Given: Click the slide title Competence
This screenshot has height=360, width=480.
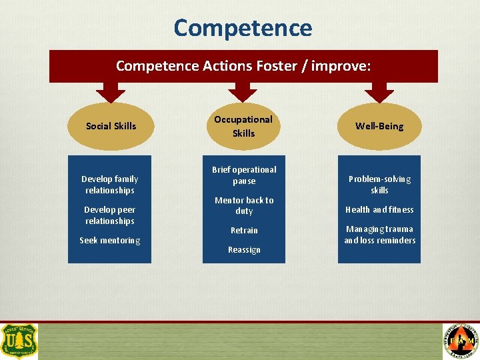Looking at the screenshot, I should (x=243, y=28).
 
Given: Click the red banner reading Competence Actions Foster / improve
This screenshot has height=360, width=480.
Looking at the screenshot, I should (x=243, y=66).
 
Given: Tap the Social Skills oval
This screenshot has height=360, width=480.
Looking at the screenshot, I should (x=111, y=126).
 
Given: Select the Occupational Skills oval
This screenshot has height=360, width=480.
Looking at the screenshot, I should (x=243, y=126).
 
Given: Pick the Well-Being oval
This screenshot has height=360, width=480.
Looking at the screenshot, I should (x=379, y=126).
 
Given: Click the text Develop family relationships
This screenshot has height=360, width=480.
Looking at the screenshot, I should (x=110, y=185).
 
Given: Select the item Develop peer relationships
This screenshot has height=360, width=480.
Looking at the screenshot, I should (x=110, y=215).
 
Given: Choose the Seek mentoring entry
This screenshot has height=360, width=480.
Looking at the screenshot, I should (x=110, y=240).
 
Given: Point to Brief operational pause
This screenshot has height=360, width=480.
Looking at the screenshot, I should (x=244, y=175).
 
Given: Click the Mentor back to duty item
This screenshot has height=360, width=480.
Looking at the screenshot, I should (x=244, y=205).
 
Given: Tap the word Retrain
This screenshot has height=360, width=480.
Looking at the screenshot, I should (x=244, y=230).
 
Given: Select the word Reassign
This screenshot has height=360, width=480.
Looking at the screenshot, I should (x=244, y=249).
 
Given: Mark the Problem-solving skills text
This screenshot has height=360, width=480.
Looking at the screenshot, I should (x=379, y=185).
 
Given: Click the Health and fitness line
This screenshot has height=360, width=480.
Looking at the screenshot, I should (x=379, y=209).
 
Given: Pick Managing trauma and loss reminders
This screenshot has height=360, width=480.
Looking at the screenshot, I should (x=379, y=235).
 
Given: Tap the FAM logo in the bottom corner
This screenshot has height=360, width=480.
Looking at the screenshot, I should (x=461, y=341).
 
